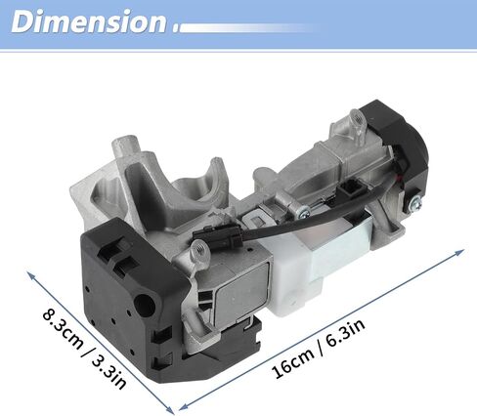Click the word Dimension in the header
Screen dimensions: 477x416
point(89,21)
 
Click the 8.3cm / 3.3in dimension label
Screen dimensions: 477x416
point(85,349)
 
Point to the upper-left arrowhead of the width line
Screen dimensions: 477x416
point(31,275)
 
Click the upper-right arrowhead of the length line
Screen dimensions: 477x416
point(459,252)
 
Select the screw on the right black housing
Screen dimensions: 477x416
point(416,203)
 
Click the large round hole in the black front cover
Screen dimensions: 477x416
point(144,305)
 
